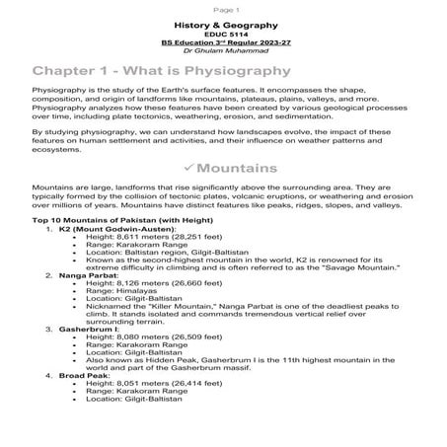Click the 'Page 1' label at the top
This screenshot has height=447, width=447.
point(223,7)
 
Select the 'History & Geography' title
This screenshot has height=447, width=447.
point(223,23)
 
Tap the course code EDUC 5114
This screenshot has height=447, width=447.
point(223,34)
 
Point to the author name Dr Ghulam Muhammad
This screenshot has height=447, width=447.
point(223,52)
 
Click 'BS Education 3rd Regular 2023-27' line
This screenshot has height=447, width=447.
point(223,43)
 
